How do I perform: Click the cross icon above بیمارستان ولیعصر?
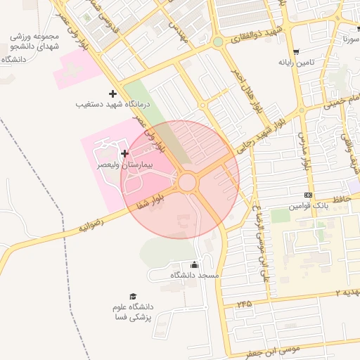click(124, 153)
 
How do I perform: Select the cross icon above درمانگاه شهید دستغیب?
click(112, 94)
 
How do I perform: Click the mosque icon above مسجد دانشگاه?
click(194, 264)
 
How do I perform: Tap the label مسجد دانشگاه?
click(195, 276)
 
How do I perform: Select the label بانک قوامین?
click(309, 208)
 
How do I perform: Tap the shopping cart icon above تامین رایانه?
click(299, 51)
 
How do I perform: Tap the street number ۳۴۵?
click(244, 304)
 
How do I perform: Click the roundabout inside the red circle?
click(186, 183)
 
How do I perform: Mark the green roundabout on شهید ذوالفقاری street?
click(218, 42)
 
